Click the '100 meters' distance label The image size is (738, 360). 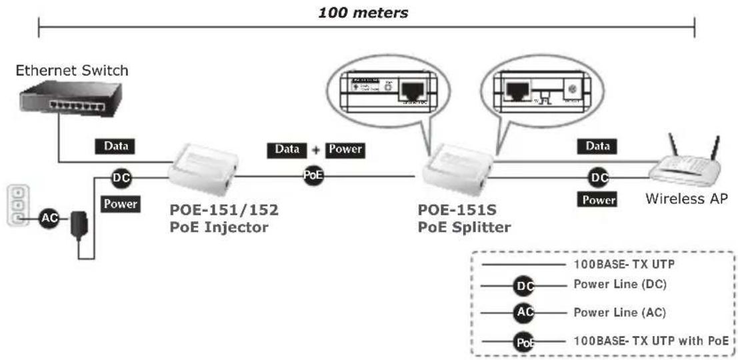click(x=363, y=13)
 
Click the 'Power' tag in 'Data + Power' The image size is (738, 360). click(x=344, y=149)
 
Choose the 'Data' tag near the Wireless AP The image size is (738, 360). click(x=597, y=145)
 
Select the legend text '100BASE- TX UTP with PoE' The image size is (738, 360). click(x=651, y=341)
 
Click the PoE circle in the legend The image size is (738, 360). click(x=524, y=342)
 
